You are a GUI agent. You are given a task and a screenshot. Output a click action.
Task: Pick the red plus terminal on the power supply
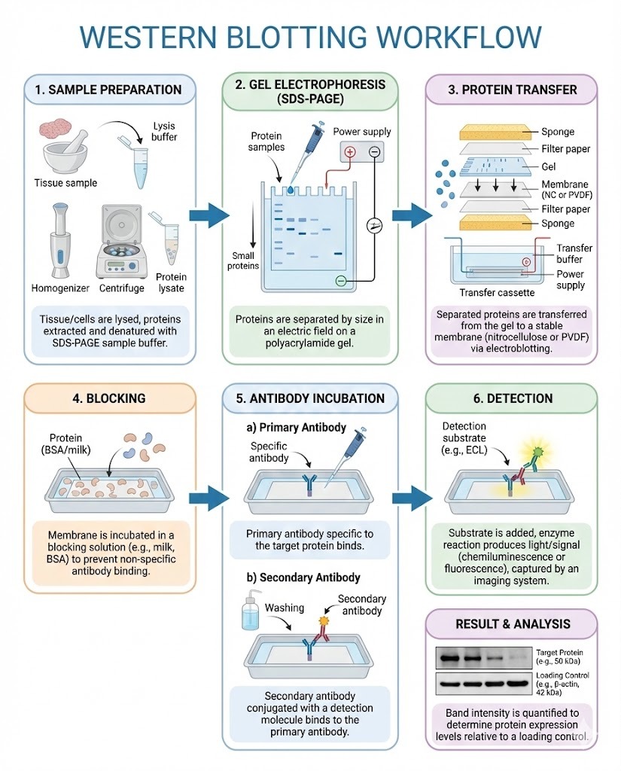pyautogui.click(x=349, y=151)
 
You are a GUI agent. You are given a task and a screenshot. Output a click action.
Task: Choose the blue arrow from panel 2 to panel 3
pyautogui.click(x=412, y=216)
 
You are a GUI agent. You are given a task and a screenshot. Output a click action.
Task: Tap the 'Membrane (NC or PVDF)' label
pyautogui.click(x=565, y=190)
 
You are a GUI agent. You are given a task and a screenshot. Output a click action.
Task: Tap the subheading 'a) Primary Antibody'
pyautogui.click(x=297, y=428)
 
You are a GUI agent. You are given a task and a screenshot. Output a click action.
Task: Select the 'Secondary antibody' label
pyautogui.click(x=361, y=605)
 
